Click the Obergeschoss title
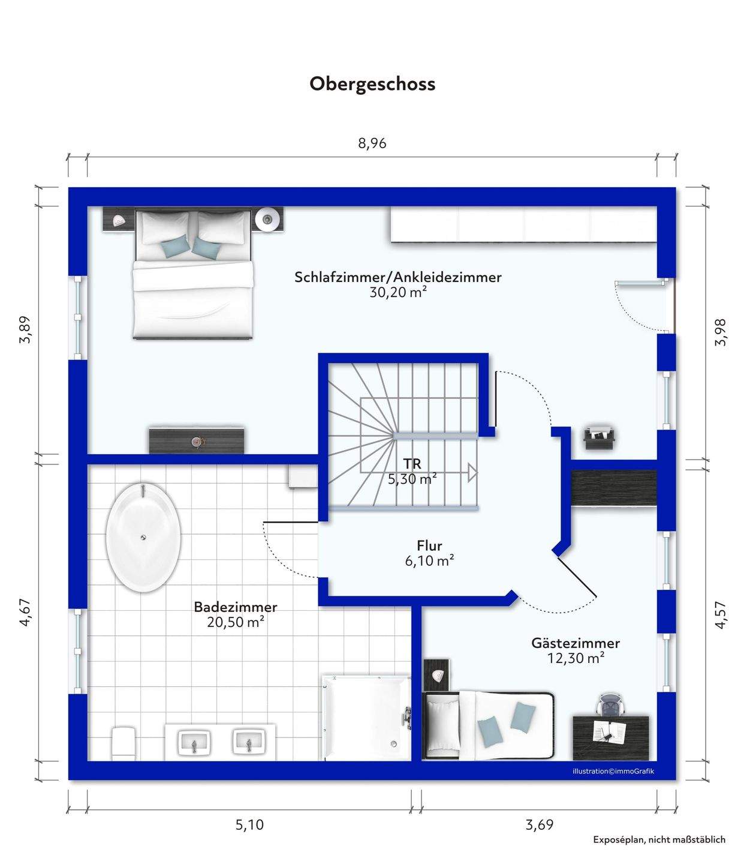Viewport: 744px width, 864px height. [372, 84]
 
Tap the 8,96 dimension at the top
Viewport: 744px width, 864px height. [372, 143]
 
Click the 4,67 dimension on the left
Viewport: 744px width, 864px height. [25, 613]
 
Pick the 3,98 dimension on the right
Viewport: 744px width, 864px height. [720, 333]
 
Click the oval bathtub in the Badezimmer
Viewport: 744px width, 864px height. [143, 538]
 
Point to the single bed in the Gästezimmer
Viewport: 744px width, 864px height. [489, 725]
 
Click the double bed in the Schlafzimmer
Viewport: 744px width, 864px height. [193, 274]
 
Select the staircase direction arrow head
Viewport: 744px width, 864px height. [472, 473]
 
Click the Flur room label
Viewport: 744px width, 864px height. [429, 545]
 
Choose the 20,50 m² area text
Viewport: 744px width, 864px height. [236, 622]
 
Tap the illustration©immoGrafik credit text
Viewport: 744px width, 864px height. [613, 771]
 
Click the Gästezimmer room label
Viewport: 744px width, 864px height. [576, 643]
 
